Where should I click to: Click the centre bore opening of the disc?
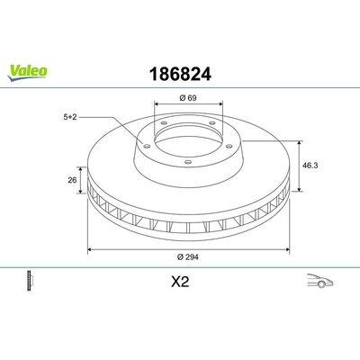coord(183,139)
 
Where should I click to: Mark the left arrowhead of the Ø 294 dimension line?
coord(89,252)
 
